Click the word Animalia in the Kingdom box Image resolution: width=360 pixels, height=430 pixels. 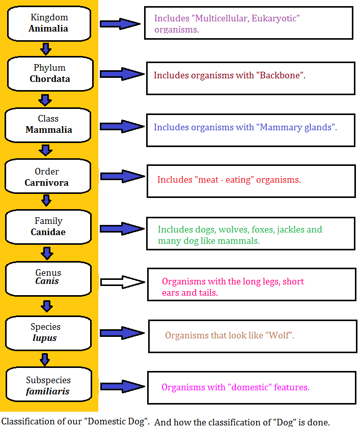[48, 28]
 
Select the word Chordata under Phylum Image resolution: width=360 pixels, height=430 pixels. [50, 79]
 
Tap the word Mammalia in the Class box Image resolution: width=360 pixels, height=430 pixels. [49, 130]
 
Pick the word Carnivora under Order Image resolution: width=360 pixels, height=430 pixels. [46, 183]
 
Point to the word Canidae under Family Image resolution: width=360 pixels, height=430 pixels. [48, 232]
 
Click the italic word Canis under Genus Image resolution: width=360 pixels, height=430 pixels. [47, 281]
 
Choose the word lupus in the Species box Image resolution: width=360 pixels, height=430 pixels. [45, 338]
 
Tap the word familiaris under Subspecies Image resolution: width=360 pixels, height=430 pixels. [48, 391]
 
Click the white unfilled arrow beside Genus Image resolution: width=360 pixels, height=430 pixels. [123, 282]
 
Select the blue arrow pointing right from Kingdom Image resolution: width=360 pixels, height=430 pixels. [120, 23]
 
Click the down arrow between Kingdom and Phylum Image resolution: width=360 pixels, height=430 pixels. [46, 49]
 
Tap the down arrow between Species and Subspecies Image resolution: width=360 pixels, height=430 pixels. [45, 359]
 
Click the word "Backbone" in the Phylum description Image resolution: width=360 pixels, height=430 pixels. [280, 75]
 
